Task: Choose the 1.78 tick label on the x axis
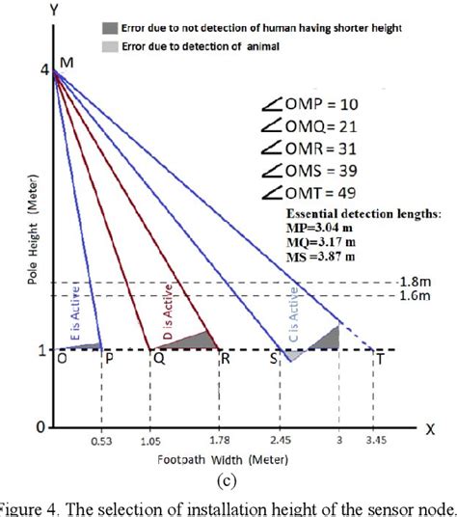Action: pos(221,444)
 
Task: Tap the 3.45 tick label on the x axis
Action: pos(377,444)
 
